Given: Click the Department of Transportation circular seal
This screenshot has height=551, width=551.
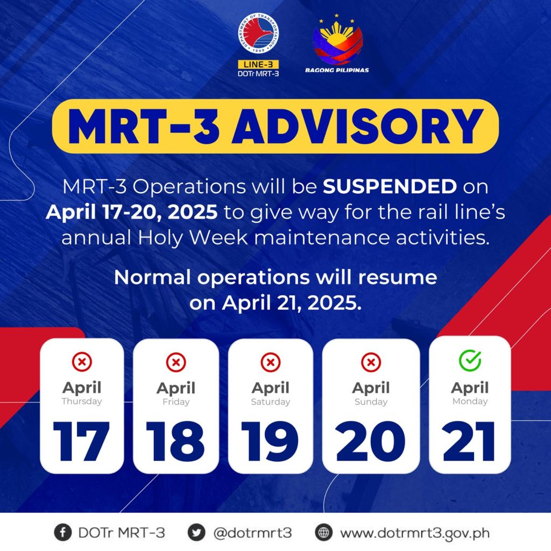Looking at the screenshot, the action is pos(258,34).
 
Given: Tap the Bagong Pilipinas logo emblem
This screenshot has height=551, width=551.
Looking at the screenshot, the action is pos(337,40).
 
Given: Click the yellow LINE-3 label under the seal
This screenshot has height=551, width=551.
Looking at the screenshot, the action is pos(258,65).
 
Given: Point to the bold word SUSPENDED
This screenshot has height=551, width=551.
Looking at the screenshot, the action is pos(390,186).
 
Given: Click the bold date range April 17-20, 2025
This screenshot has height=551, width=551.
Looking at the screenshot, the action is pos(132,212).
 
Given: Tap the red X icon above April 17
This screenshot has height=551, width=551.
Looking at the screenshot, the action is pos(82,362).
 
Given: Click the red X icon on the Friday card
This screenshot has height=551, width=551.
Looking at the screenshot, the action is pos(176,362).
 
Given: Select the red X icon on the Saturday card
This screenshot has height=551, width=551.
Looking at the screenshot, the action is pos(271,362).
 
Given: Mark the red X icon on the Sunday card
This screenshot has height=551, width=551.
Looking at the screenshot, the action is pos(371,362).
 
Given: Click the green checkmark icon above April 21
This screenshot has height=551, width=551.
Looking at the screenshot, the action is pos(470,361).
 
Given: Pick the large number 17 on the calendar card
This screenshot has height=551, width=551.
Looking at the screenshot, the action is pos(82,441).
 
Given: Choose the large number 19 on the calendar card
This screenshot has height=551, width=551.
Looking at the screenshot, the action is pos(270,441).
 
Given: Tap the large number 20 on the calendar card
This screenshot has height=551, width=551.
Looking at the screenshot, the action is pos(371,441).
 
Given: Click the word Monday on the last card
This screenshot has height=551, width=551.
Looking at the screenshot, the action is pos(470,401).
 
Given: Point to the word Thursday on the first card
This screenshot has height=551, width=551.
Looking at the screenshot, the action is pos(82,401).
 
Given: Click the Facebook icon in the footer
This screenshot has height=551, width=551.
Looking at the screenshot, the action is pos(63,533).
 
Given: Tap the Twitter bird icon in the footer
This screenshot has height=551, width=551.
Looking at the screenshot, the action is pos(196,533).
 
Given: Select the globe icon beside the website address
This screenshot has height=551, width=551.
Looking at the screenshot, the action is pos(323,533).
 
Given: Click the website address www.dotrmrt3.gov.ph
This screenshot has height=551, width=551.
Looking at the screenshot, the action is pos(415,533).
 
